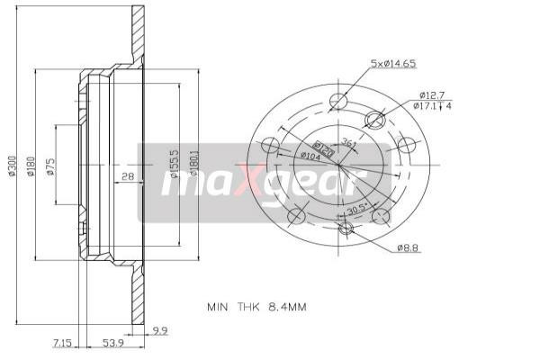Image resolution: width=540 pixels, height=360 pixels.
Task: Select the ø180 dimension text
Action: click(x=31, y=166)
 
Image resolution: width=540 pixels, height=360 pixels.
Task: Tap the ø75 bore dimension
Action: click(x=51, y=167)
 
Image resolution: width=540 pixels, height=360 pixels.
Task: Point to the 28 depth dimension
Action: click(x=128, y=177)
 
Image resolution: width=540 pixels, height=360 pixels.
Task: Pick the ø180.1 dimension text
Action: click(x=192, y=166)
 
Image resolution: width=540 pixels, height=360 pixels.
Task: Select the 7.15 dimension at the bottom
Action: click(x=63, y=343)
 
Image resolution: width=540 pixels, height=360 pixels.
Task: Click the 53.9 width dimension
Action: click(x=113, y=343)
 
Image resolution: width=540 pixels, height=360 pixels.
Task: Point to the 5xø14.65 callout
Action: click(x=393, y=64)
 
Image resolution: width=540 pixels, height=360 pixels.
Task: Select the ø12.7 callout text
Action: click(x=429, y=94)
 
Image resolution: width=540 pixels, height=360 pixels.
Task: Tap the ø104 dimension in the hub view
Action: click(x=309, y=155)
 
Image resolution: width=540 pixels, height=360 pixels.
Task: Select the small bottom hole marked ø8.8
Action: click(x=346, y=229)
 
